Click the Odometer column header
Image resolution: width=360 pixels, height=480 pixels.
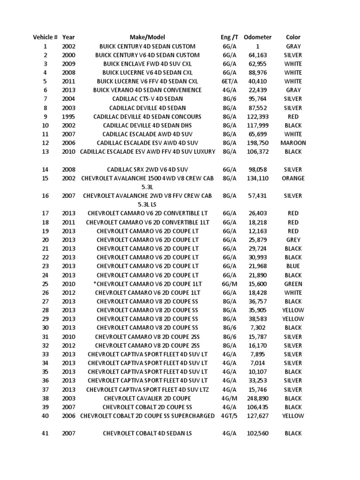[257, 37]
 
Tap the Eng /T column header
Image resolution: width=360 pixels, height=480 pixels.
[230, 37]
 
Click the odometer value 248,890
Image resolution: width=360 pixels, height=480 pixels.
[257, 398]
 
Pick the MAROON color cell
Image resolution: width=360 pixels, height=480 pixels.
[293, 143]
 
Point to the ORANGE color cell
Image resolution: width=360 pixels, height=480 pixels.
[293, 179]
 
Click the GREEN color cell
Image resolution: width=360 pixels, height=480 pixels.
[293, 284]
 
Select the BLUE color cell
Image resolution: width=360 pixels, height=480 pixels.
[293, 266]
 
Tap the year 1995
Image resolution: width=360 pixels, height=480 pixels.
[68, 117]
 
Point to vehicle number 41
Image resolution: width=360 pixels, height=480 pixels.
[45, 434]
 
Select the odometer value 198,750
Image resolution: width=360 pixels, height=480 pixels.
[257, 143]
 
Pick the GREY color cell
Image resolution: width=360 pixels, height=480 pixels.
[293, 240]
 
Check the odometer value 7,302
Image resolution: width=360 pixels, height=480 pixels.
[257, 328]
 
